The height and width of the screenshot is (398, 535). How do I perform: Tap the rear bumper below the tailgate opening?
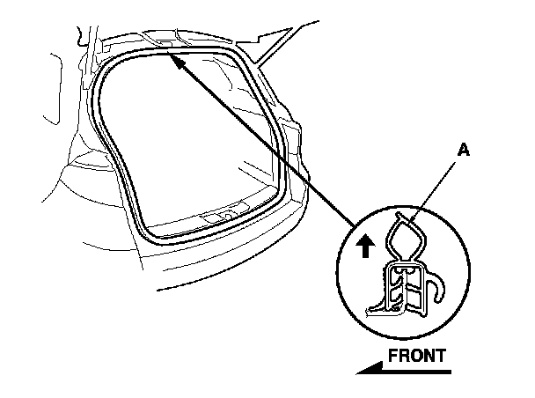pos(220,264)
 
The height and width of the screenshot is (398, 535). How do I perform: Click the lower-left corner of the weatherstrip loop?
pos(141,234)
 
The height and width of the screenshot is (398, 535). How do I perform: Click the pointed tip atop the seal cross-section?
pos(400,214)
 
